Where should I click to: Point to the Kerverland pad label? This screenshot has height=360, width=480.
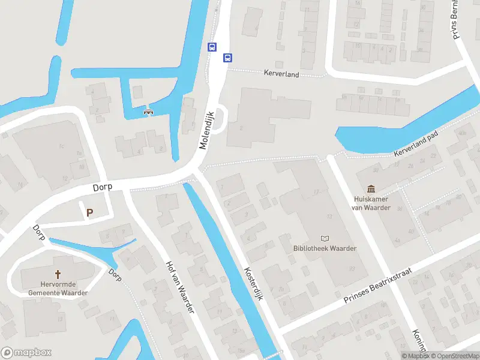417,143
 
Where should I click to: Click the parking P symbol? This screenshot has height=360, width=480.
90,212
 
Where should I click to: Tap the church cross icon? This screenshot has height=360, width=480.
58,263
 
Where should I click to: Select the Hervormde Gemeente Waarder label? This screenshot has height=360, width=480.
58,288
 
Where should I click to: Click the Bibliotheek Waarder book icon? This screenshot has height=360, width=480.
325,238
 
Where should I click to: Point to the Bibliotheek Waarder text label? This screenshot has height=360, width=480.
325,248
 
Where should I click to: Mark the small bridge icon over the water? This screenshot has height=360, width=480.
148,111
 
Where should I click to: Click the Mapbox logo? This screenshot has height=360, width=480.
26,353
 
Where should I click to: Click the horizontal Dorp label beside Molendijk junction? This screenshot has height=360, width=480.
103,188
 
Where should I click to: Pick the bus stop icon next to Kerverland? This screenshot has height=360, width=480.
227,58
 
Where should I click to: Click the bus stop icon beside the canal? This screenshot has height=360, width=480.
212,47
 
